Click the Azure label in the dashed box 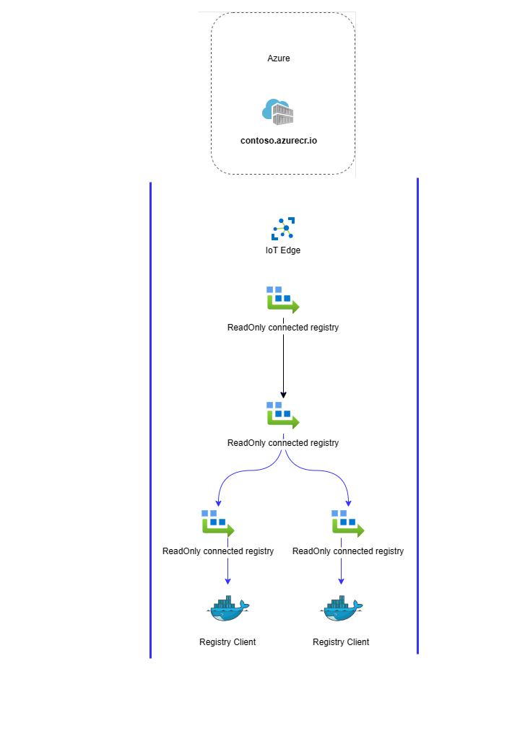point(279,58)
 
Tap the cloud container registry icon point(279,113)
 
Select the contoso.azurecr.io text point(279,141)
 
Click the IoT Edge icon point(283,229)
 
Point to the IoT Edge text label point(283,250)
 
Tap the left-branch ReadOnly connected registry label point(218,551)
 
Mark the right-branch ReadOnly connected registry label point(348,551)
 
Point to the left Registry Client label point(227,642)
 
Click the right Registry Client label point(341,642)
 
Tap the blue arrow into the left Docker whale point(228,571)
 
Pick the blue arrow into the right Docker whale point(342,571)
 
